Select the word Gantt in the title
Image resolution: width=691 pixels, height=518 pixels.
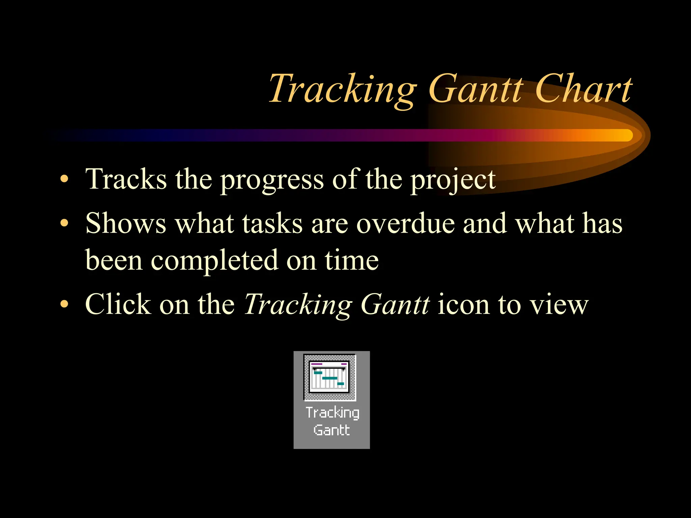coord(476,89)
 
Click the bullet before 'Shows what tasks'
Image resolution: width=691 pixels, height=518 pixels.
coord(64,223)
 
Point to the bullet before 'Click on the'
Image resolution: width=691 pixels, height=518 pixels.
coord(64,304)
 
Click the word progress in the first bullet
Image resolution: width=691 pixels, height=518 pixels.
coord(272,180)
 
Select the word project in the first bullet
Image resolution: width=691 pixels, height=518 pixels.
coord(453,180)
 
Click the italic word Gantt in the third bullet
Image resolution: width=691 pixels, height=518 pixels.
coord(395,304)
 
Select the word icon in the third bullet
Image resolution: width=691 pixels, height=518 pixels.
coord(463,304)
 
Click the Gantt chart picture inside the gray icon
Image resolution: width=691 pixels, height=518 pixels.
coord(330,377)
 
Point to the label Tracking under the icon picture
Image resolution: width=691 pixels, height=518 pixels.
coord(332,413)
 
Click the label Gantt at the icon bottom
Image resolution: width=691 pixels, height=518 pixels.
coord(331,430)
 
